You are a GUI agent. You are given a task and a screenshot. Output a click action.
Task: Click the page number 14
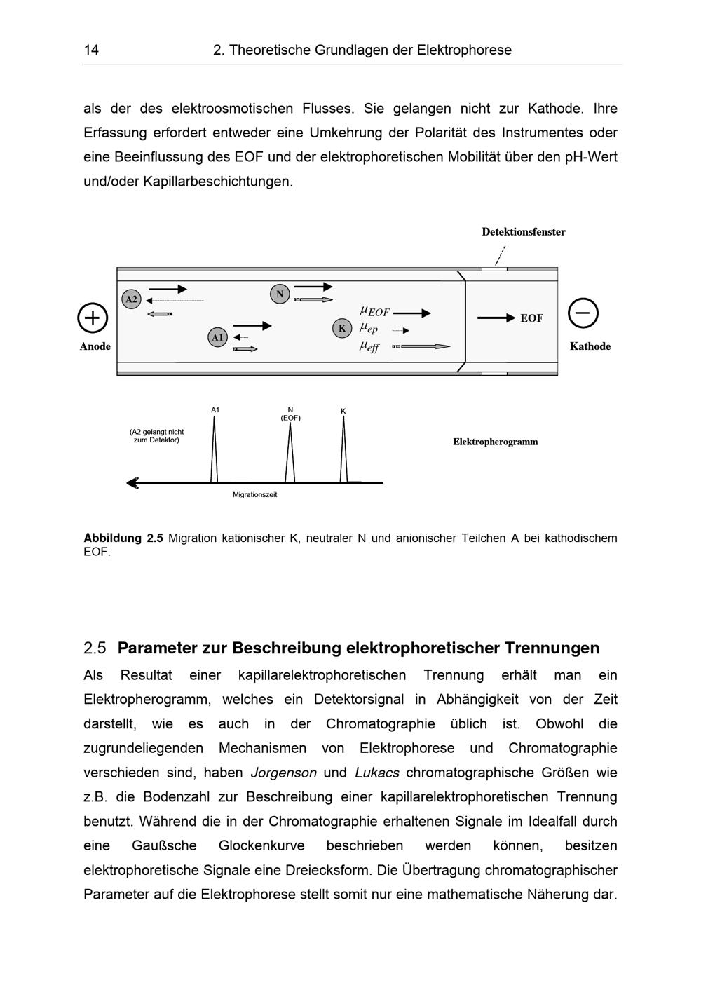click(x=91, y=50)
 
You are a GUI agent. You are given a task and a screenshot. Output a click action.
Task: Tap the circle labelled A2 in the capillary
click(x=131, y=299)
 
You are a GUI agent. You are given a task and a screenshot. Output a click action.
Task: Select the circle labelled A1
click(x=218, y=337)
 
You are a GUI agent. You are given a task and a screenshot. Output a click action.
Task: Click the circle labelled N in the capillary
click(x=280, y=294)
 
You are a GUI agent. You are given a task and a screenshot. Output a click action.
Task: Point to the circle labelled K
click(x=342, y=328)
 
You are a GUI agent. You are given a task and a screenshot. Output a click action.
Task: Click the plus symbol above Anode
click(x=93, y=318)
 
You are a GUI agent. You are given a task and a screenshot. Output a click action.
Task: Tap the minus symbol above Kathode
click(x=583, y=313)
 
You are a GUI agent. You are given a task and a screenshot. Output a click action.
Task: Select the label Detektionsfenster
click(x=523, y=232)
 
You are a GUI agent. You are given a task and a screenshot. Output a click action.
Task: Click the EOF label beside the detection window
click(x=531, y=318)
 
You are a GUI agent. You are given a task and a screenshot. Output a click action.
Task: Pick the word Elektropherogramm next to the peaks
click(x=495, y=442)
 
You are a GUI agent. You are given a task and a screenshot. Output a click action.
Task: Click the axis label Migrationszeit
click(x=254, y=495)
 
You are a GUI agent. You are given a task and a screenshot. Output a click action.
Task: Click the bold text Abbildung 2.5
click(x=123, y=538)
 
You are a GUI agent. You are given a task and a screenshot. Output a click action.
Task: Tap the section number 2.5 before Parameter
click(x=95, y=648)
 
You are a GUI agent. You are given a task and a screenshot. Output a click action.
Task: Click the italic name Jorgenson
click(x=283, y=773)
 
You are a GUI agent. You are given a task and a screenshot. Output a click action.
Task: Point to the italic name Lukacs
click(x=376, y=773)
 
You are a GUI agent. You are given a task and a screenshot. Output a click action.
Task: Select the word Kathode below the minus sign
click(x=590, y=346)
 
